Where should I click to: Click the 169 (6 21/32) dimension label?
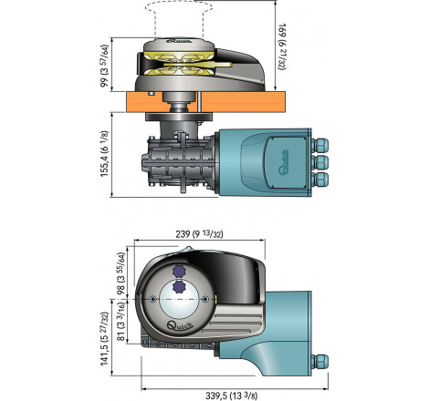click(x=282, y=46)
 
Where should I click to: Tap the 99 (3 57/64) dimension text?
click(x=104, y=66)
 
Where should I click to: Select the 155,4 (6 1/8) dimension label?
click(x=104, y=154)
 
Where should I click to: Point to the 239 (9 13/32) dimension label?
click(x=199, y=234)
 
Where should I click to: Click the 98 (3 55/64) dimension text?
click(x=121, y=274)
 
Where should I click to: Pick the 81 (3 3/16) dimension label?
click(x=121, y=322)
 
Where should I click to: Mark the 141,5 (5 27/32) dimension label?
click(x=104, y=339)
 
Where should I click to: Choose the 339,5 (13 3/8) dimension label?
click(x=231, y=396)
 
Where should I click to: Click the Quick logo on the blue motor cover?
click(x=284, y=162)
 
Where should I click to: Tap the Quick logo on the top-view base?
click(x=180, y=326)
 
